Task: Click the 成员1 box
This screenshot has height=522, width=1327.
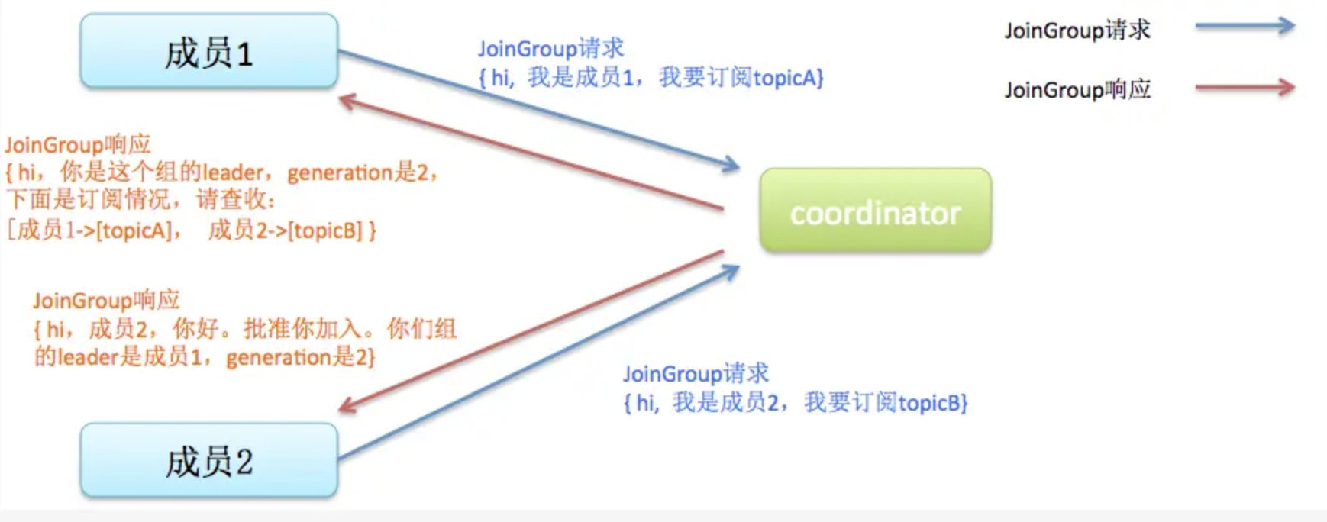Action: pyautogui.click(x=208, y=51)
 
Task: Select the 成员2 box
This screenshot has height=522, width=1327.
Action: pyautogui.click(x=208, y=461)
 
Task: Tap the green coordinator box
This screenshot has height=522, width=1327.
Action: pyautogui.click(x=875, y=211)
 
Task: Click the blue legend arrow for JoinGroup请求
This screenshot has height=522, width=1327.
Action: pyautogui.click(x=1245, y=26)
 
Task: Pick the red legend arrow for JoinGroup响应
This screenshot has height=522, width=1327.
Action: pyautogui.click(x=1245, y=87)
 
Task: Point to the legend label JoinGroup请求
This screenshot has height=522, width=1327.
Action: pyautogui.click(x=1077, y=31)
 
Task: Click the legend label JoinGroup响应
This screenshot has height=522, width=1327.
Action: pyautogui.click(x=1077, y=90)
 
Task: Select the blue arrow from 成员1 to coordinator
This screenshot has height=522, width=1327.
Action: pyautogui.click(x=534, y=108)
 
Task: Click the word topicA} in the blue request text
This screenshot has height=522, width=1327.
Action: pyautogui.click(x=787, y=78)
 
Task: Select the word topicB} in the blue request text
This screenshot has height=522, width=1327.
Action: pyautogui.click(x=932, y=402)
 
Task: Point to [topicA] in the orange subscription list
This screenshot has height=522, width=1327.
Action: pyautogui.click(x=134, y=230)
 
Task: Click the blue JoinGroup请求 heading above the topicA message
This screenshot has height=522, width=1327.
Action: pyautogui.click(x=550, y=49)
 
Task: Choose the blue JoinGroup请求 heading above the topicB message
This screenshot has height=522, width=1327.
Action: pyautogui.click(x=696, y=374)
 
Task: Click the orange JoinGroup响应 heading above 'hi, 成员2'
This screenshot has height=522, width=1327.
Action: pyautogui.click(x=106, y=301)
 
